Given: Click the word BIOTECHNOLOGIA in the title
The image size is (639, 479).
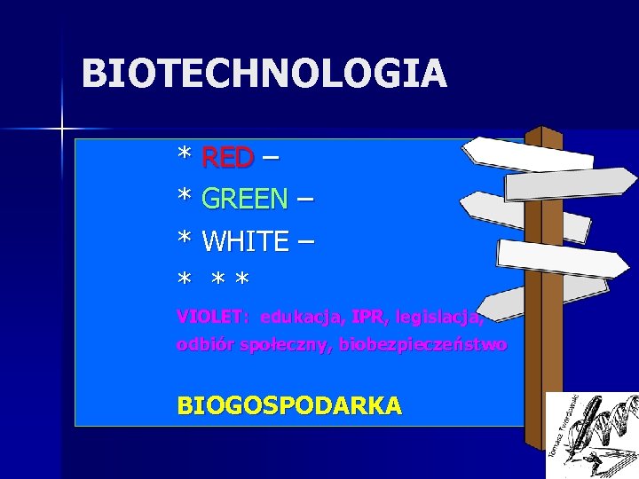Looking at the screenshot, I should [x=264, y=74].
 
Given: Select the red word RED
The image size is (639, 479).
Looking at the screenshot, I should [x=228, y=158].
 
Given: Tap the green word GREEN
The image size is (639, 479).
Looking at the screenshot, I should [x=245, y=199].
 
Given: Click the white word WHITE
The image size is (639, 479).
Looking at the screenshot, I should [x=245, y=240].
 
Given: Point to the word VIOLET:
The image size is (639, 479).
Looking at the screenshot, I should [x=213, y=316].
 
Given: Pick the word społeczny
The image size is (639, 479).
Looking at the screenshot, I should [x=286, y=344].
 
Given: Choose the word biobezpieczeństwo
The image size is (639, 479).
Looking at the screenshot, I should [x=423, y=344].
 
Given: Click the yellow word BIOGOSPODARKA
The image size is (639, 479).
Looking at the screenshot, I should [x=289, y=405].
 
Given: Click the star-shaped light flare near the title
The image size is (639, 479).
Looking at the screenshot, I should [x=62, y=130].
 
